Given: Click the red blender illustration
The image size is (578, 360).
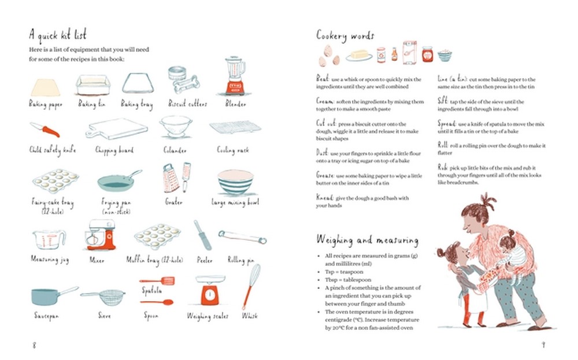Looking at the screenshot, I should pos(234,76).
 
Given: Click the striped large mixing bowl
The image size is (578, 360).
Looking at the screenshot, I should pos(235,183).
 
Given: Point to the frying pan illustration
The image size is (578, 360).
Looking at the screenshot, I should pos(118,181).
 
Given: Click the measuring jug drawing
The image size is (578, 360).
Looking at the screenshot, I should pos(49,239).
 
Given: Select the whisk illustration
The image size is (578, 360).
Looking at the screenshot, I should pos(251,287).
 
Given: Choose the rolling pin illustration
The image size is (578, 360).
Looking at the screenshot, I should pos(242,236).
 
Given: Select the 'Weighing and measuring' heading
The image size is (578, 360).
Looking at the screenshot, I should pos(367,239).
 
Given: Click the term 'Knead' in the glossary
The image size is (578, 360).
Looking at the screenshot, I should pos(325,198).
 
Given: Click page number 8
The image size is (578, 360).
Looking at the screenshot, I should pos(34,345).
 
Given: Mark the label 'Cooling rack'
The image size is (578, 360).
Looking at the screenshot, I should pos(233,150).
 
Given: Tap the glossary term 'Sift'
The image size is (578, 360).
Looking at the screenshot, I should pos(443,100).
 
